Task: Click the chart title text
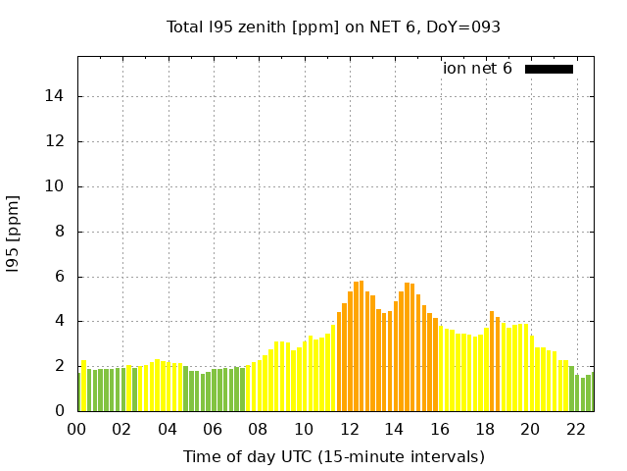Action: (x=333, y=26)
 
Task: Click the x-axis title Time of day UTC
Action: (x=333, y=456)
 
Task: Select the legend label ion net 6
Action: (x=477, y=69)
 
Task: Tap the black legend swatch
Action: (x=549, y=69)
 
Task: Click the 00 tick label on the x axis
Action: (x=77, y=429)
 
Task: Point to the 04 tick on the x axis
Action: (x=168, y=429)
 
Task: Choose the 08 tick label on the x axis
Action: (x=259, y=429)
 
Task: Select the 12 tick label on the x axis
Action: (x=349, y=429)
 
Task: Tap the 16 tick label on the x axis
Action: (x=440, y=429)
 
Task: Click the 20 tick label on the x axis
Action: (x=530, y=429)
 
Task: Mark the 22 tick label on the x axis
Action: (x=575, y=429)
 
